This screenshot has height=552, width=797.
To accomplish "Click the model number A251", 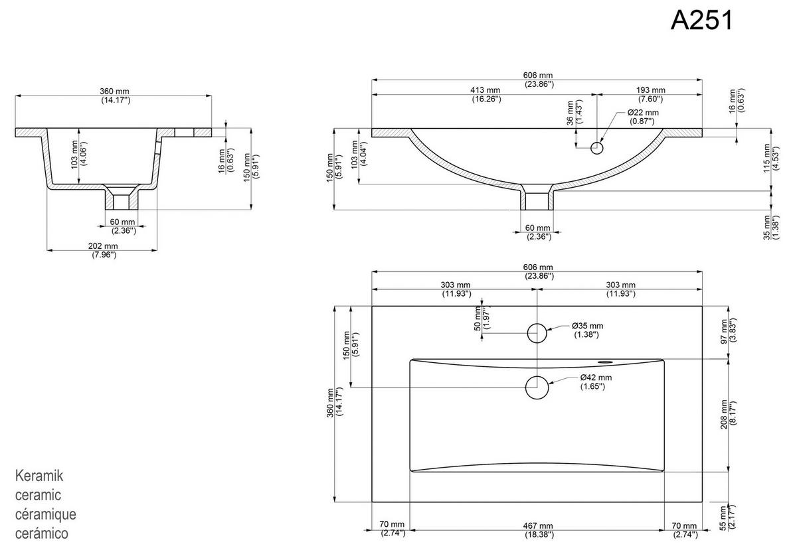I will coord(701,21).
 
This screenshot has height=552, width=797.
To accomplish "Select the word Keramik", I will coord(39,476).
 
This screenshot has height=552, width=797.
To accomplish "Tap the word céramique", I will coord(45,514).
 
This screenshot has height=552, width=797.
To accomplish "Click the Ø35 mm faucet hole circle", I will coord(537,332).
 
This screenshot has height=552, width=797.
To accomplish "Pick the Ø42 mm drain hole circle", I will coord(537,387).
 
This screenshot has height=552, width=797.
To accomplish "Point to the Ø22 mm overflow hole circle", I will coord(597,147).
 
